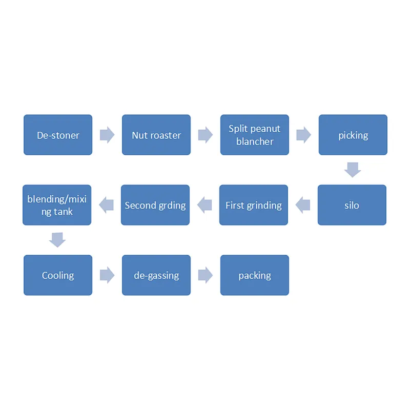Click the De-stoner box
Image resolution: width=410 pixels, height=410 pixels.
pyautogui.click(x=58, y=135)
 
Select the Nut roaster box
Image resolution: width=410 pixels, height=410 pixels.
pyautogui.click(x=156, y=135)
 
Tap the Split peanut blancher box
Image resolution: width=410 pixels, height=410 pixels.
pyautogui.click(x=254, y=135)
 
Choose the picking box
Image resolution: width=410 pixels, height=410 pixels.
pyautogui.click(x=353, y=135)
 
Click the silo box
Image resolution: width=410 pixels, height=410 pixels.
pyautogui.click(x=352, y=205)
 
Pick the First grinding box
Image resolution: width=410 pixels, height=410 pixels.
pyautogui.click(x=253, y=205)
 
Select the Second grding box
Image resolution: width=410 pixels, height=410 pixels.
pyautogui.click(x=155, y=205)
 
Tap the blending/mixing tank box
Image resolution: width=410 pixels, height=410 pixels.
pyautogui.click(x=57, y=205)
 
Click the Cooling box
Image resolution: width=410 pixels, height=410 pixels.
pyautogui.click(x=58, y=275)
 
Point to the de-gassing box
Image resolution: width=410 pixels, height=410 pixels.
pyautogui.click(x=156, y=275)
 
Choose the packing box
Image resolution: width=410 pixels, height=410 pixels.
pyautogui.click(x=254, y=275)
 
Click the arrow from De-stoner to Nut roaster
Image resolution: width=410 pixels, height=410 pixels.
pyautogui.click(x=107, y=135)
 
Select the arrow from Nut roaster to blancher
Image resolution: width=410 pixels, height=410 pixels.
pyautogui.click(x=206, y=135)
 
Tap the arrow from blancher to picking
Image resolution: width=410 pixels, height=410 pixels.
pyautogui.click(x=304, y=135)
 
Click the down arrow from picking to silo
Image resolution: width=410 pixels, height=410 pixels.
pyautogui.click(x=353, y=170)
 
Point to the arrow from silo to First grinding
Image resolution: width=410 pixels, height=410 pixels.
pyautogui.click(x=303, y=205)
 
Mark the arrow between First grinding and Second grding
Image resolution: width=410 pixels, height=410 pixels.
pyautogui.click(x=204, y=205)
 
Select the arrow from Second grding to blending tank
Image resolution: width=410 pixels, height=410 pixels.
pyautogui.click(x=106, y=205)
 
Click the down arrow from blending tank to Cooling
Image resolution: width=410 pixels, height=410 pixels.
pyautogui.click(x=57, y=240)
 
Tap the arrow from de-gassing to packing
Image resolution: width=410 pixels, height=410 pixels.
pyautogui.click(x=206, y=275)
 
